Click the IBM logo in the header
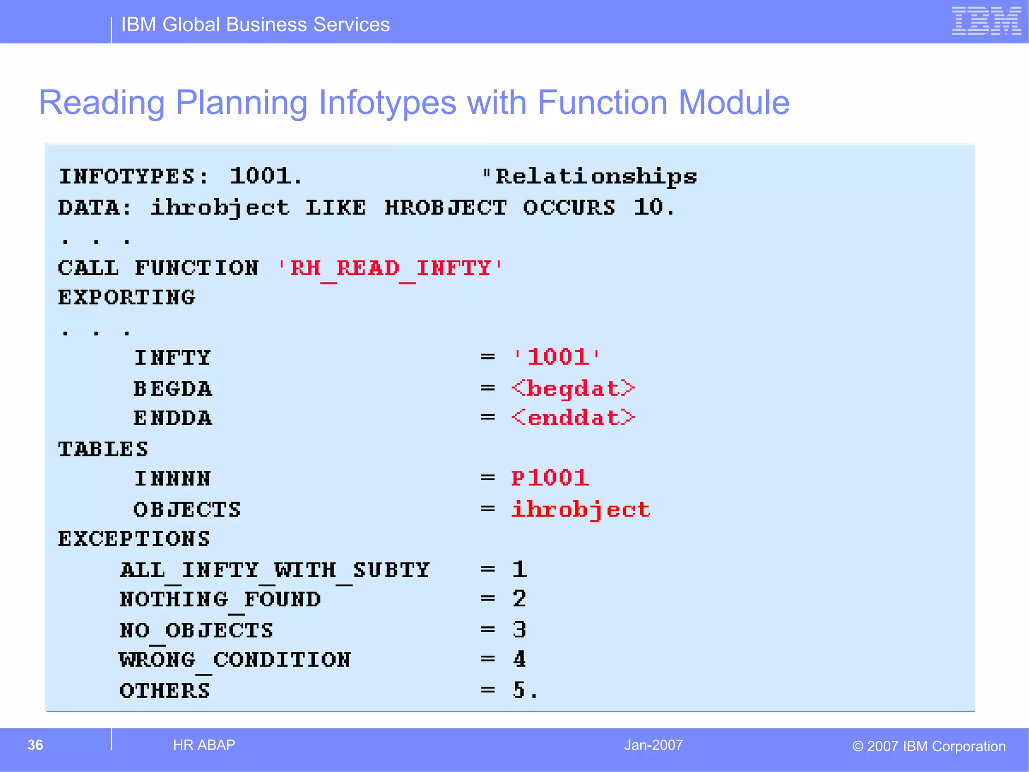point(986,21)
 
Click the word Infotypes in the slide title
point(387,103)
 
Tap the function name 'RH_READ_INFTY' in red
point(390,268)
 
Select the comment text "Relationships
point(590,177)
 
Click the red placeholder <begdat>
point(573,389)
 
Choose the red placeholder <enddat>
point(573,418)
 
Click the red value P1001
point(550,478)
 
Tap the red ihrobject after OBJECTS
point(581,510)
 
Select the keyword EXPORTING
point(127,298)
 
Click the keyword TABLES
point(103,449)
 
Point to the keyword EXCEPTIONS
point(134,539)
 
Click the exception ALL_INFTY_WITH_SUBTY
point(275,570)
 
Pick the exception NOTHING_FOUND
point(220,600)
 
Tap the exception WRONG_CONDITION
point(235,660)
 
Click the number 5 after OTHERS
point(519,690)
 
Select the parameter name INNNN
point(172,479)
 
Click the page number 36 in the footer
point(35,745)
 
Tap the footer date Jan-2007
point(653,745)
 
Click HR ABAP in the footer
point(204,745)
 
